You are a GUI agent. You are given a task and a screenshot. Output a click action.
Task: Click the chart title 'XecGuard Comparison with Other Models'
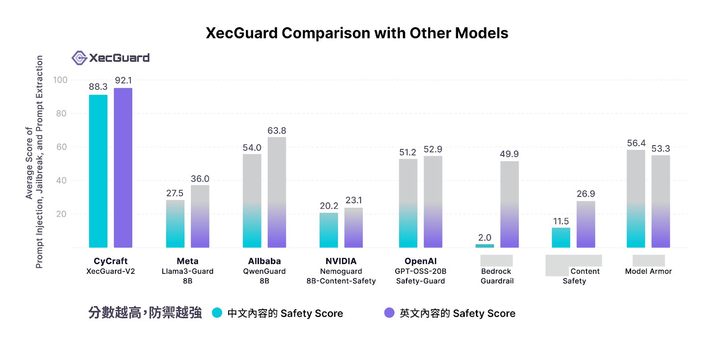[x=356, y=33]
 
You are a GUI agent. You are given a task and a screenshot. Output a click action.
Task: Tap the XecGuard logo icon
[x=79, y=58]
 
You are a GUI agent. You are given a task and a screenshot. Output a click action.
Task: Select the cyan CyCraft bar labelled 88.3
[x=98, y=172]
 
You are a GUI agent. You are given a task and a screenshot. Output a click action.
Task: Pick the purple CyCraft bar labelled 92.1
[x=123, y=168]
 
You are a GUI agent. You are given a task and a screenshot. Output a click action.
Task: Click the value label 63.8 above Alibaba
[x=276, y=131]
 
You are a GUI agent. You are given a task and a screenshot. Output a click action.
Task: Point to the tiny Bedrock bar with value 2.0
[x=484, y=245]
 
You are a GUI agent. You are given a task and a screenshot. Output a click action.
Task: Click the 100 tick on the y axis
[x=60, y=80]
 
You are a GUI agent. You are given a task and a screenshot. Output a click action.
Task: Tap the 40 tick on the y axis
[x=61, y=180]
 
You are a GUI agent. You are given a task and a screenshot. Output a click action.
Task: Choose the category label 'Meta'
[x=187, y=261]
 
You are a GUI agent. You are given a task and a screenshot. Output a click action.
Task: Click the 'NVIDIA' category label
[x=341, y=261]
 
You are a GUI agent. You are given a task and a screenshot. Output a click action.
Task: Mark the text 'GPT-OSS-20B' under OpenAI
[x=420, y=271]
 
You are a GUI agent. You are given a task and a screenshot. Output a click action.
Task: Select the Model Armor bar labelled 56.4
[x=635, y=199]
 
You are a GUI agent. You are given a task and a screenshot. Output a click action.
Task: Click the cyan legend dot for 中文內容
[x=217, y=313]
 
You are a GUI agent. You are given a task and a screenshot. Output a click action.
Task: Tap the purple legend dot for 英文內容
[x=389, y=313]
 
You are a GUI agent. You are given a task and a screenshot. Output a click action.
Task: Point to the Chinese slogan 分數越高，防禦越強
[x=145, y=313]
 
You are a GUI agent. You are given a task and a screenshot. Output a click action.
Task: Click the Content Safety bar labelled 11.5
[x=561, y=237]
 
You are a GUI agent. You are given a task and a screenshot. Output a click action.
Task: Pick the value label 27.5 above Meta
[x=175, y=193]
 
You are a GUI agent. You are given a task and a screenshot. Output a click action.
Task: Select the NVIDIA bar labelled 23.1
[x=353, y=228]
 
